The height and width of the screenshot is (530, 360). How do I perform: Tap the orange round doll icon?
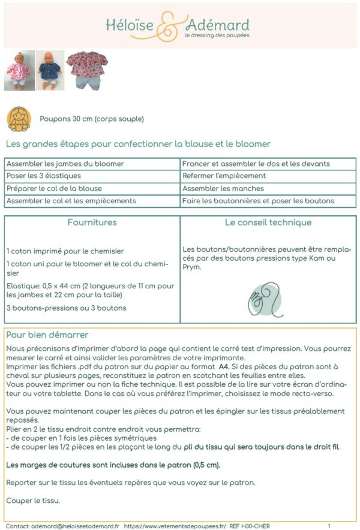tap(19, 119)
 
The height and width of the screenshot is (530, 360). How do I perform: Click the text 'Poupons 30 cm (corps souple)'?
tap(92, 119)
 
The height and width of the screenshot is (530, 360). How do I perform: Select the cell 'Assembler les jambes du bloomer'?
tap(65, 164)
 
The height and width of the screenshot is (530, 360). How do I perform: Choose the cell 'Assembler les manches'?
tap(221, 188)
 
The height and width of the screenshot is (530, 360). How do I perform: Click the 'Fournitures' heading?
tap(92, 222)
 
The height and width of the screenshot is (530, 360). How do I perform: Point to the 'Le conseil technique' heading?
tap(268, 222)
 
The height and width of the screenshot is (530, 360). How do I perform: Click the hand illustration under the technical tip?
tap(263, 299)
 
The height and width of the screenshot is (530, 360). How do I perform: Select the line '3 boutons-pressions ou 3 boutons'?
tap(67, 308)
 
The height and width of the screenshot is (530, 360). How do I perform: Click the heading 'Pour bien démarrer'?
tap(47, 334)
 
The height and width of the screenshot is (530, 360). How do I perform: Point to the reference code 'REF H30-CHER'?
tap(250, 526)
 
